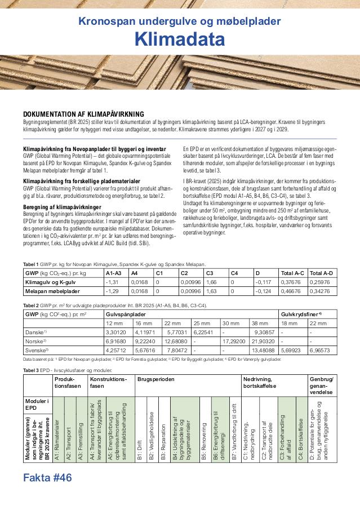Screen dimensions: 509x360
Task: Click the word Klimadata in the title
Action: pyautogui.click(x=180, y=39)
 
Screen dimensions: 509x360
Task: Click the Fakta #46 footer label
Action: pyautogui.click(x=48, y=478)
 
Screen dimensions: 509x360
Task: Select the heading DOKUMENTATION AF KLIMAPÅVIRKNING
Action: pyautogui.click(x=83, y=114)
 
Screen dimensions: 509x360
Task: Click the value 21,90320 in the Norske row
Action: pyautogui.click(x=263, y=342)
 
